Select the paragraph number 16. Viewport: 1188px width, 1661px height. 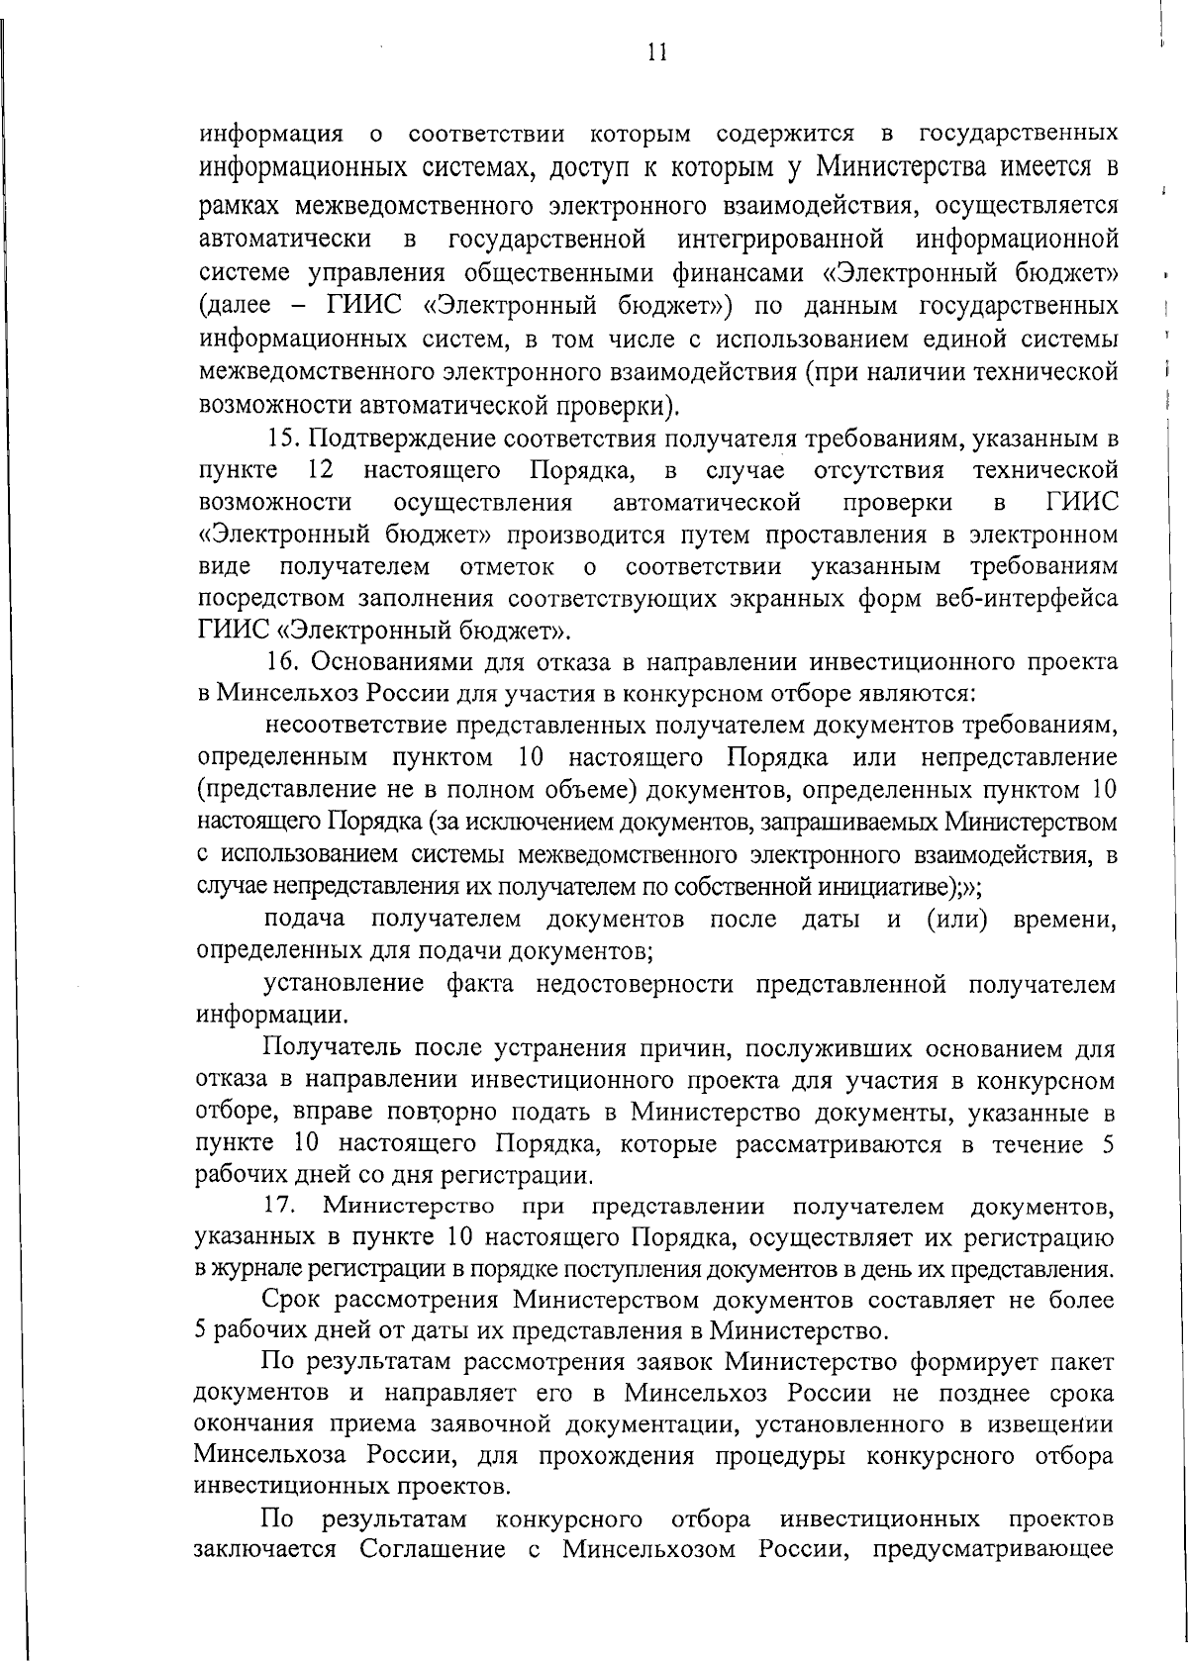[284, 662]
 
